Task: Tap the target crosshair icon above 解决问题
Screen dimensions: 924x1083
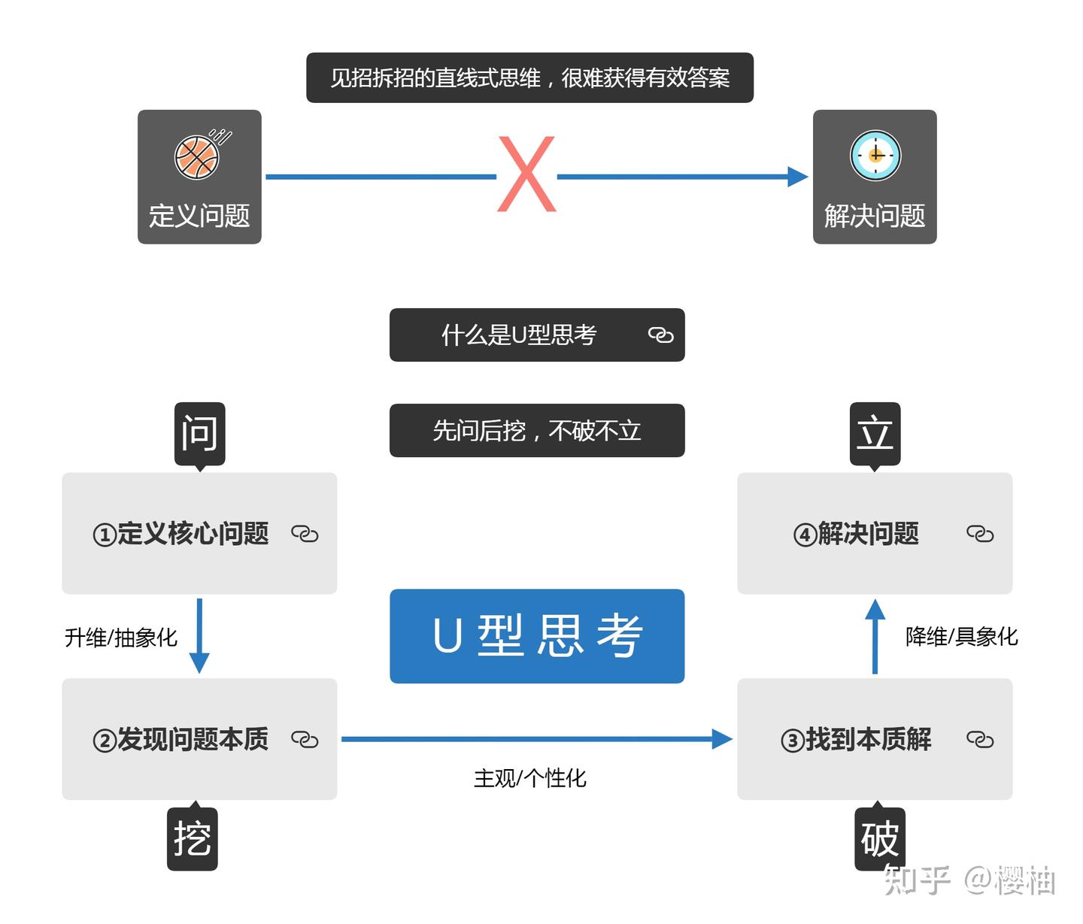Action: (875, 156)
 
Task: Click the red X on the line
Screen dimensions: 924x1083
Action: (526, 174)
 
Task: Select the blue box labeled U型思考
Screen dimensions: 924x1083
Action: (537, 636)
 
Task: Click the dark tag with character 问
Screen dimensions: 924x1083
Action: (199, 434)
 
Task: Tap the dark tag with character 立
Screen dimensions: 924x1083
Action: (875, 434)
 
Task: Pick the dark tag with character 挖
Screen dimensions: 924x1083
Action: (193, 839)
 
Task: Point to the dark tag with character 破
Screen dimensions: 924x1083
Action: (879, 839)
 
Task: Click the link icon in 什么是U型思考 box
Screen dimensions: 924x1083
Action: (660, 335)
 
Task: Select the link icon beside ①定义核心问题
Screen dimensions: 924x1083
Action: (305, 534)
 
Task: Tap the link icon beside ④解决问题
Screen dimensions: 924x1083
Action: (980, 534)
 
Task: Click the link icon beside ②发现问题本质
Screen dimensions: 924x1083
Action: (305, 740)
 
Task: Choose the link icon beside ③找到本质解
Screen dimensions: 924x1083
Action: (980, 740)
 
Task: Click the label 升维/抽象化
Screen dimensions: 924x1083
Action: (121, 638)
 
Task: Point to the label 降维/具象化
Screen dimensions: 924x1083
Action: (961, 637)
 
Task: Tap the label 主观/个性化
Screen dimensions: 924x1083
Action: (529, 778)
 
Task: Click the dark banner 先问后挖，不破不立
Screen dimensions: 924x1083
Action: (537, 430)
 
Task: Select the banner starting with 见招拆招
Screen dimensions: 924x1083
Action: (529, 77)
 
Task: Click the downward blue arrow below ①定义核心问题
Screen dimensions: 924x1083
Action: (199, 636)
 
